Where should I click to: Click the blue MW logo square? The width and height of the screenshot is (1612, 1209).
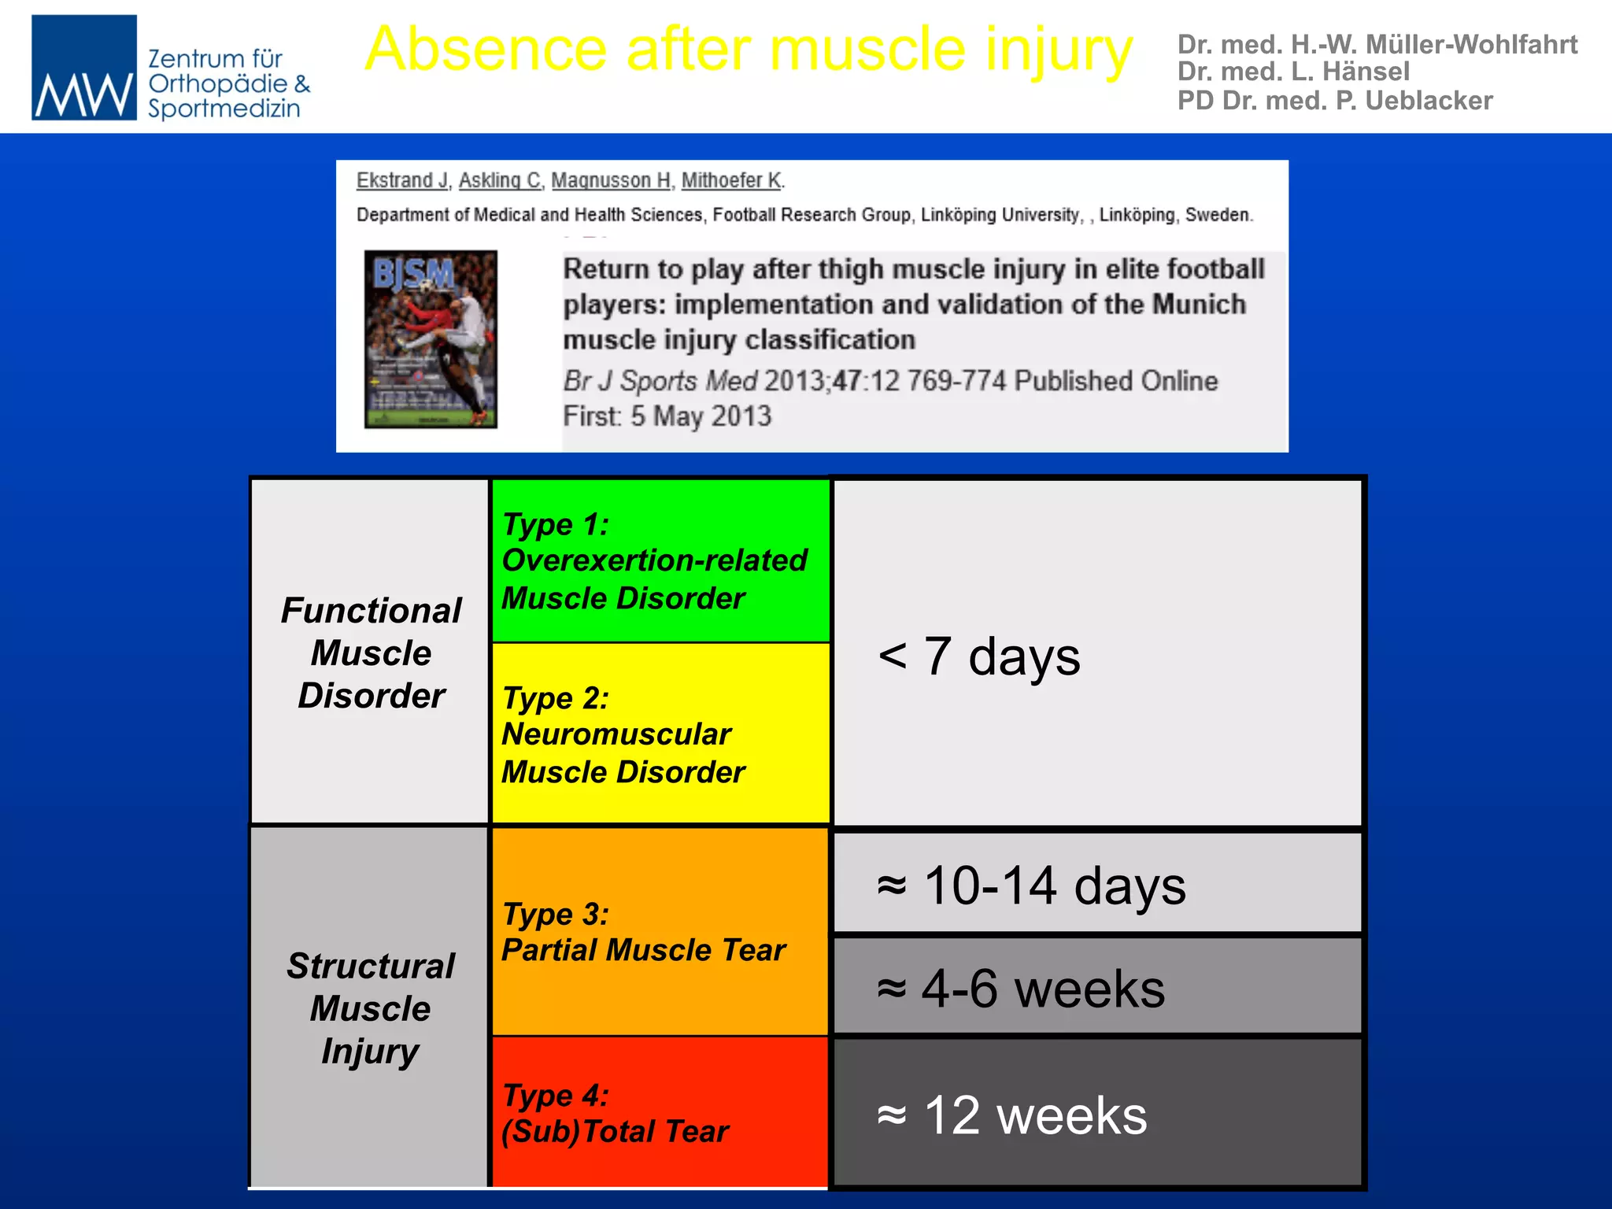coord(83,68)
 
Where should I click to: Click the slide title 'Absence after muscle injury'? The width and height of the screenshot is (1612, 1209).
coord(748,49)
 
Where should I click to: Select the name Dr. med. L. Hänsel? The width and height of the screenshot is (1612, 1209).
coord(1292,72)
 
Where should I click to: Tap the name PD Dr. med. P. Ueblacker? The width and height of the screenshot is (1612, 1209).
coord(1334,101)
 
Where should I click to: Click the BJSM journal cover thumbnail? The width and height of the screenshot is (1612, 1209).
coord(431,339)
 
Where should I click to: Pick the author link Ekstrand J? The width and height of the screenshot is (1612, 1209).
coord(401,180)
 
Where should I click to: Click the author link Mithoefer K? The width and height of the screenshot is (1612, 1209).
coord(731,180)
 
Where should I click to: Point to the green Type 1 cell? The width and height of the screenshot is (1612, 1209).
coord(660,560)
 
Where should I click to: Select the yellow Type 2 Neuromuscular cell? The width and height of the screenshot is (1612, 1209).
coord(660,734)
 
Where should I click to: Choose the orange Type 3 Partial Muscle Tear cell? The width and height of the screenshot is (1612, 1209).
coord(660,931)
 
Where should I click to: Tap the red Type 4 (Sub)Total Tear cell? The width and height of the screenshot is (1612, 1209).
coord(660,1112)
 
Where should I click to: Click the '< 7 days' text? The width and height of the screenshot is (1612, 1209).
coord(978,656)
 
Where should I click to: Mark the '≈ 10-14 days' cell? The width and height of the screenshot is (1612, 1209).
coord(1097,884)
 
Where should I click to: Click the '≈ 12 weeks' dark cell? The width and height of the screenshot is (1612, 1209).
coord(1097,1113)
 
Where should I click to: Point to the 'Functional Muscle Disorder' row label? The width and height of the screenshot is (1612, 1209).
coord(371,653)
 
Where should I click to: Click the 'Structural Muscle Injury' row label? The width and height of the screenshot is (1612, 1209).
coord(371,1007)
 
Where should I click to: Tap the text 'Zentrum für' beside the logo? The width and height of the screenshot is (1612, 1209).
coord(215,58)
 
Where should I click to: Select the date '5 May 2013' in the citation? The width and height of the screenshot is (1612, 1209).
coord(701,416)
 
